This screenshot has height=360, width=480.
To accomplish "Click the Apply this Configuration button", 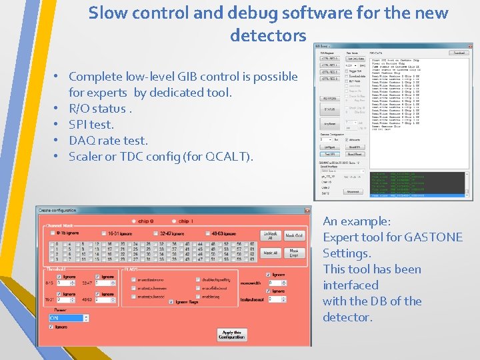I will (x=231, y=335).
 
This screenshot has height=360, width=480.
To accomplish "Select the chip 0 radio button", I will (x=135, y=221).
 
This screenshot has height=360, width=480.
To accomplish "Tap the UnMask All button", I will (x=270, y=235).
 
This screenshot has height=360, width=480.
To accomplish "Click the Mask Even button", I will (x=293, y=253).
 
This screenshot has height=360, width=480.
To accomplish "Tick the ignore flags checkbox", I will (x=173, y=302).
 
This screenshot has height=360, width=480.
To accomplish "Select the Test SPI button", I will (x=330, y=154).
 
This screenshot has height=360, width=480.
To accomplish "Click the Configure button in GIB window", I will (x=330, y=147).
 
